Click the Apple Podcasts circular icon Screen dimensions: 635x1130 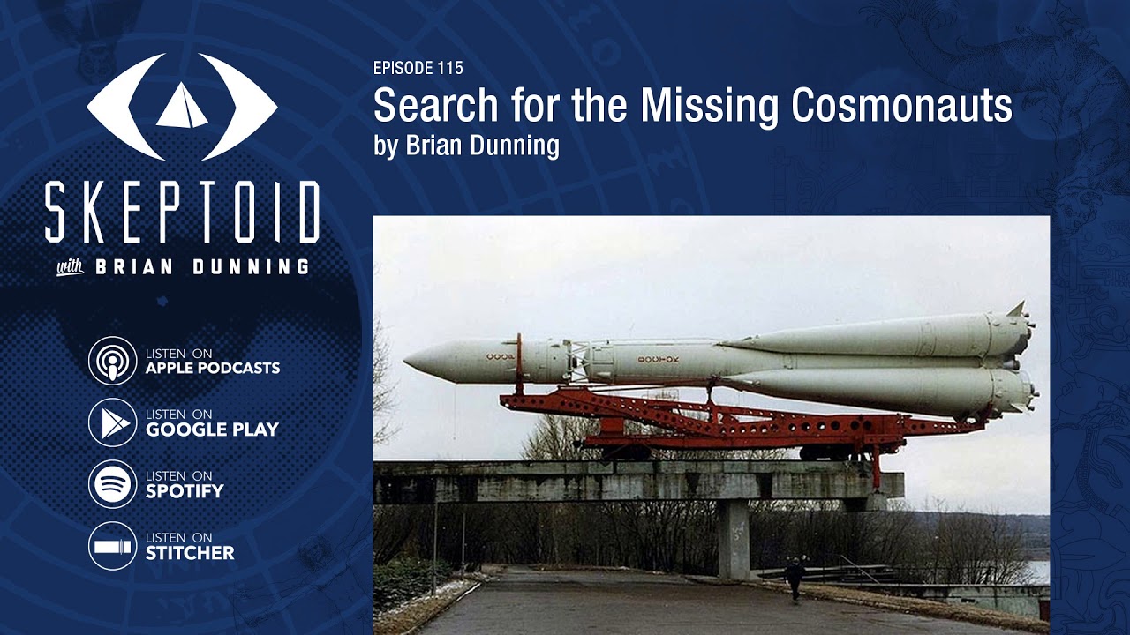112,361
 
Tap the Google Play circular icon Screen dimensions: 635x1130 112,422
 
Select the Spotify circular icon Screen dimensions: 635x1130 112,484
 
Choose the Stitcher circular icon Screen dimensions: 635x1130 112,546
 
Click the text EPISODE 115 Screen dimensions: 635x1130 418,68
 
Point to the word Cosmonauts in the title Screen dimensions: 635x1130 901,107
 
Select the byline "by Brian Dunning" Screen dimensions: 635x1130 466,146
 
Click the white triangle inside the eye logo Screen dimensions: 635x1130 182,106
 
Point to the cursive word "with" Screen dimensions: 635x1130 70,267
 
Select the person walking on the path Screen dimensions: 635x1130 795,577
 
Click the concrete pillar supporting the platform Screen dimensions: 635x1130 733,538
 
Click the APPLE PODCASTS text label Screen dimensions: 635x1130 212,368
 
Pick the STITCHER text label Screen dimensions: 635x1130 190,553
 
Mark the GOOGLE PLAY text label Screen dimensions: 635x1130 212,430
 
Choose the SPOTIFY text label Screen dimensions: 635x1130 185,491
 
